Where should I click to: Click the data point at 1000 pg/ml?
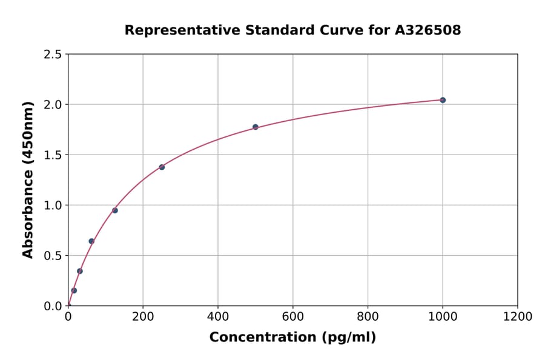coord(443,100)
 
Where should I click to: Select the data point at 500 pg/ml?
coord(256,127)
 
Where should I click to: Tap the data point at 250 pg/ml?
coord(162,167)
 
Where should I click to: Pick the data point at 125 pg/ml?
coord(115,210)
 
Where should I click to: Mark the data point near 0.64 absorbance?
coord(91,241)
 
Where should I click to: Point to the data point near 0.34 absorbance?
coord(80,271)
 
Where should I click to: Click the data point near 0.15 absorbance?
coord(74,290)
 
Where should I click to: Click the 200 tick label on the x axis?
coord(143,316)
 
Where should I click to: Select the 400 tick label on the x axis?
coord(218,316)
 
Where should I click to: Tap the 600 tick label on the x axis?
coord(292,316)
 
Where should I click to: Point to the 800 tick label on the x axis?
coord(368,316)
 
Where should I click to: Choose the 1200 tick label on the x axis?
coord(517,316)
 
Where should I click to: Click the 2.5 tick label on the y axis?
coord(53,55)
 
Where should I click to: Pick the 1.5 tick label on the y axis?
coord(53,155)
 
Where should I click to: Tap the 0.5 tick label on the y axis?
coord(53,256)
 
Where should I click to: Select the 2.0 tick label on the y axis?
coord(53,105)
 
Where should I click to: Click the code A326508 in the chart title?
coord(428,30)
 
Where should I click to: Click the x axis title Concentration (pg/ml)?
coord(292,338)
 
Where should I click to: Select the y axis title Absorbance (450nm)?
coord(28,180)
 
